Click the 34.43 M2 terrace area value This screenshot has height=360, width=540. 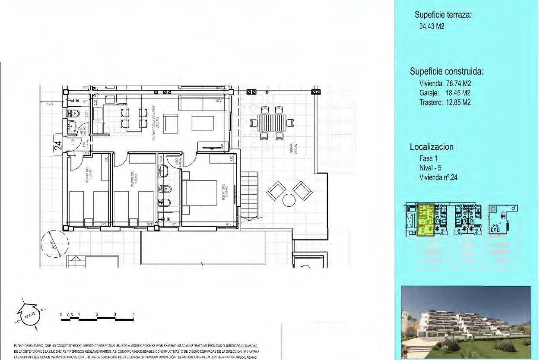pos(432,26)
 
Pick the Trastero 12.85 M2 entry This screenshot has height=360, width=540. pos(445,102)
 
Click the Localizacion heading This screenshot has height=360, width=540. pos(431,147)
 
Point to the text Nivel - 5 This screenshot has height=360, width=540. pos(430,168)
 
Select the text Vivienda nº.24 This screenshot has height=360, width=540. pos(438,177)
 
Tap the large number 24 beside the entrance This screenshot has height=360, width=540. pos(58,146)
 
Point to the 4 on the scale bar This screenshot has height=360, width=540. pos(133,314)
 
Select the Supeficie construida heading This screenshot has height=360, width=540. pos(446,71)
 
